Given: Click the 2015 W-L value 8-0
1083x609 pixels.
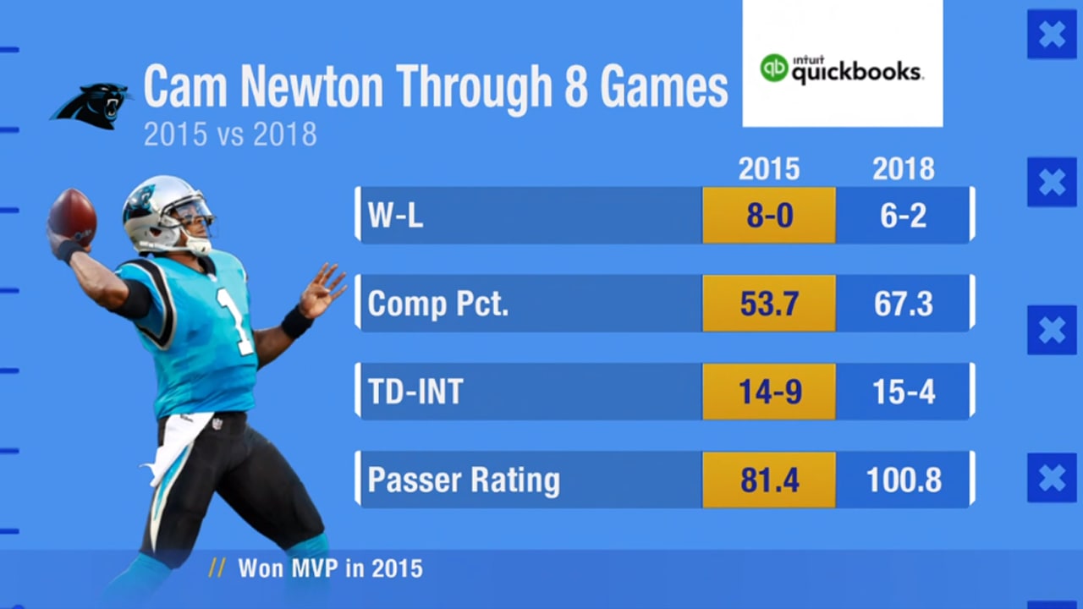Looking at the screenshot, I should pyautogui.click(x=768, y=216).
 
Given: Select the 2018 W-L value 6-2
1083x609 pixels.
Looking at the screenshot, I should pyautogui.click(x=903, y=216).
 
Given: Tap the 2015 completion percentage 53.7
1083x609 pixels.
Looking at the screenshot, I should pyautogui.click(x=768, y=304).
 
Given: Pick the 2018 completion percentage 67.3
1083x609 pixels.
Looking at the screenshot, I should pyautogui.click(x=903, y=304).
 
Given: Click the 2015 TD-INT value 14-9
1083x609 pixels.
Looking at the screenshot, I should pyautogui.click(x=768, y=392).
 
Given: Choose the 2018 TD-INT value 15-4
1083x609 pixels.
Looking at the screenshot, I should pyautogui.click(x=903, y=392).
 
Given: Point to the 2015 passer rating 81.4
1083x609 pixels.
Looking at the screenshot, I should pyautogui.click(x=768, y=480).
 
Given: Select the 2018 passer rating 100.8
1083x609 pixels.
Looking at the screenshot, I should pyautogui.click(x=903, y=480).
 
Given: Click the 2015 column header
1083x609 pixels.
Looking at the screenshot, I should pyautogui.click(x=768, y=169).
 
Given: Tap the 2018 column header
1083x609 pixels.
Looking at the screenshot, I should pyautogui.click(x=903, y=169).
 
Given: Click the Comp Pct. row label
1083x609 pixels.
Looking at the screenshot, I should pyautogui.click(x=437, y=304).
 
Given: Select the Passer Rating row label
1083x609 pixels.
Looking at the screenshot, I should pyautogui.click(x=463, y=480).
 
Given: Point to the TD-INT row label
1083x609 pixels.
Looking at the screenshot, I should pyautogui.click(x=415, y=392).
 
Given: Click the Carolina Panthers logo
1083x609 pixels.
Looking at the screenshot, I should pyautogui.click(x=91, y=106).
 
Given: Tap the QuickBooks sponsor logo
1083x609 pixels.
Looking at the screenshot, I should pyautogui.click(x=841, y=69).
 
